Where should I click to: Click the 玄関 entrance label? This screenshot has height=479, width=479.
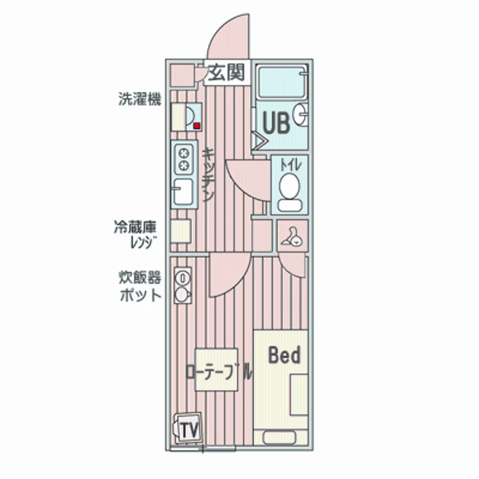tap(227, 73)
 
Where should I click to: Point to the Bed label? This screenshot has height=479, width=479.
tap(284, 355)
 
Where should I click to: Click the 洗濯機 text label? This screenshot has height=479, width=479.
tap(139, 99)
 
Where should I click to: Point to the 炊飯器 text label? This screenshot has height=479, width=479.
tap(139, 277)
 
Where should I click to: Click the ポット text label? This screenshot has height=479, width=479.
tap(141, 295)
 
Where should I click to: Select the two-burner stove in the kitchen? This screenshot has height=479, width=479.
tap(184, 159)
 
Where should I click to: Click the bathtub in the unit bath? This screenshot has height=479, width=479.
tap(281, 81)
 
